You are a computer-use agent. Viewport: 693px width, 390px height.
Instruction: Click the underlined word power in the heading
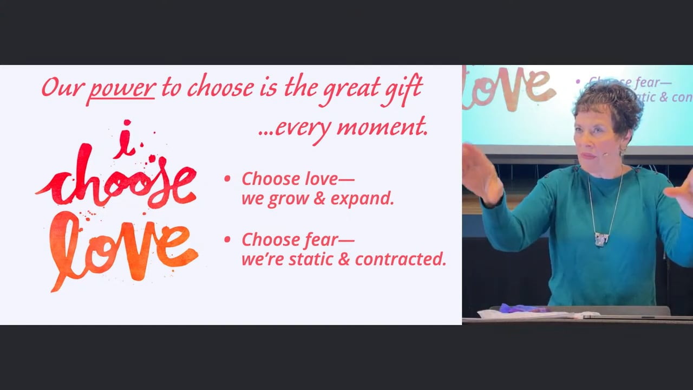coord(122,88)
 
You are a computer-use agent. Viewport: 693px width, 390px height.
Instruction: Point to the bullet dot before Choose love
coord(227,179)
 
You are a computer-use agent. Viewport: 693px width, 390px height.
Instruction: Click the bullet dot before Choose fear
coord(227,239)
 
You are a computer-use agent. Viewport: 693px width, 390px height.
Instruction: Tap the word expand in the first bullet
coord(362,199)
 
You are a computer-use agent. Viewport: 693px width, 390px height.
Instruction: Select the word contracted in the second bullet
coord(401,259)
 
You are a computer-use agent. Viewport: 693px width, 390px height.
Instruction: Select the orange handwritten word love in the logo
coord(124,248)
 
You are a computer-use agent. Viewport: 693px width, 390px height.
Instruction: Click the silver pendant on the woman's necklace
coord(602,239)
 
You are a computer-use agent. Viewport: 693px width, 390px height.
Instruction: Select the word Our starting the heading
coord(62,88)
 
